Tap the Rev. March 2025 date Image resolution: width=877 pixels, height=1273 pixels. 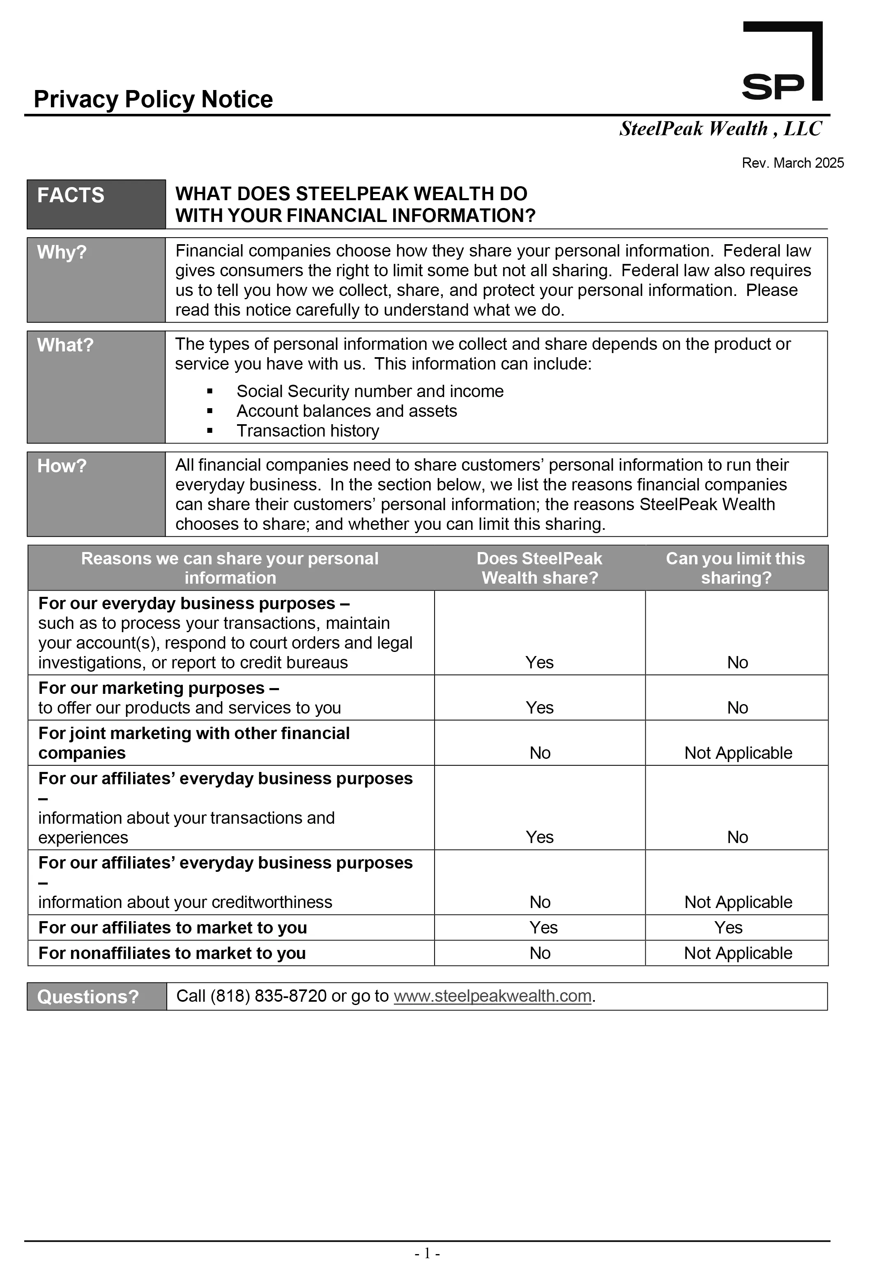click(792, 163)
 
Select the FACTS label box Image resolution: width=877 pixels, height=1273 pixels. click(96, 204)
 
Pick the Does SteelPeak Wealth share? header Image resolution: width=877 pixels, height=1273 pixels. click(540, 568)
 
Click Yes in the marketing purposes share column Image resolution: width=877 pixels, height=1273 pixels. click(540, 708)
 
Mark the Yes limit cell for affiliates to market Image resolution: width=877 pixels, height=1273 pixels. click(729, 928)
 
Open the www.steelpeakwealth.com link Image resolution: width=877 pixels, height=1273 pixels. click(493, 996)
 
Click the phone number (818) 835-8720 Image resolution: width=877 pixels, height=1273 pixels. click(269, 996)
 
